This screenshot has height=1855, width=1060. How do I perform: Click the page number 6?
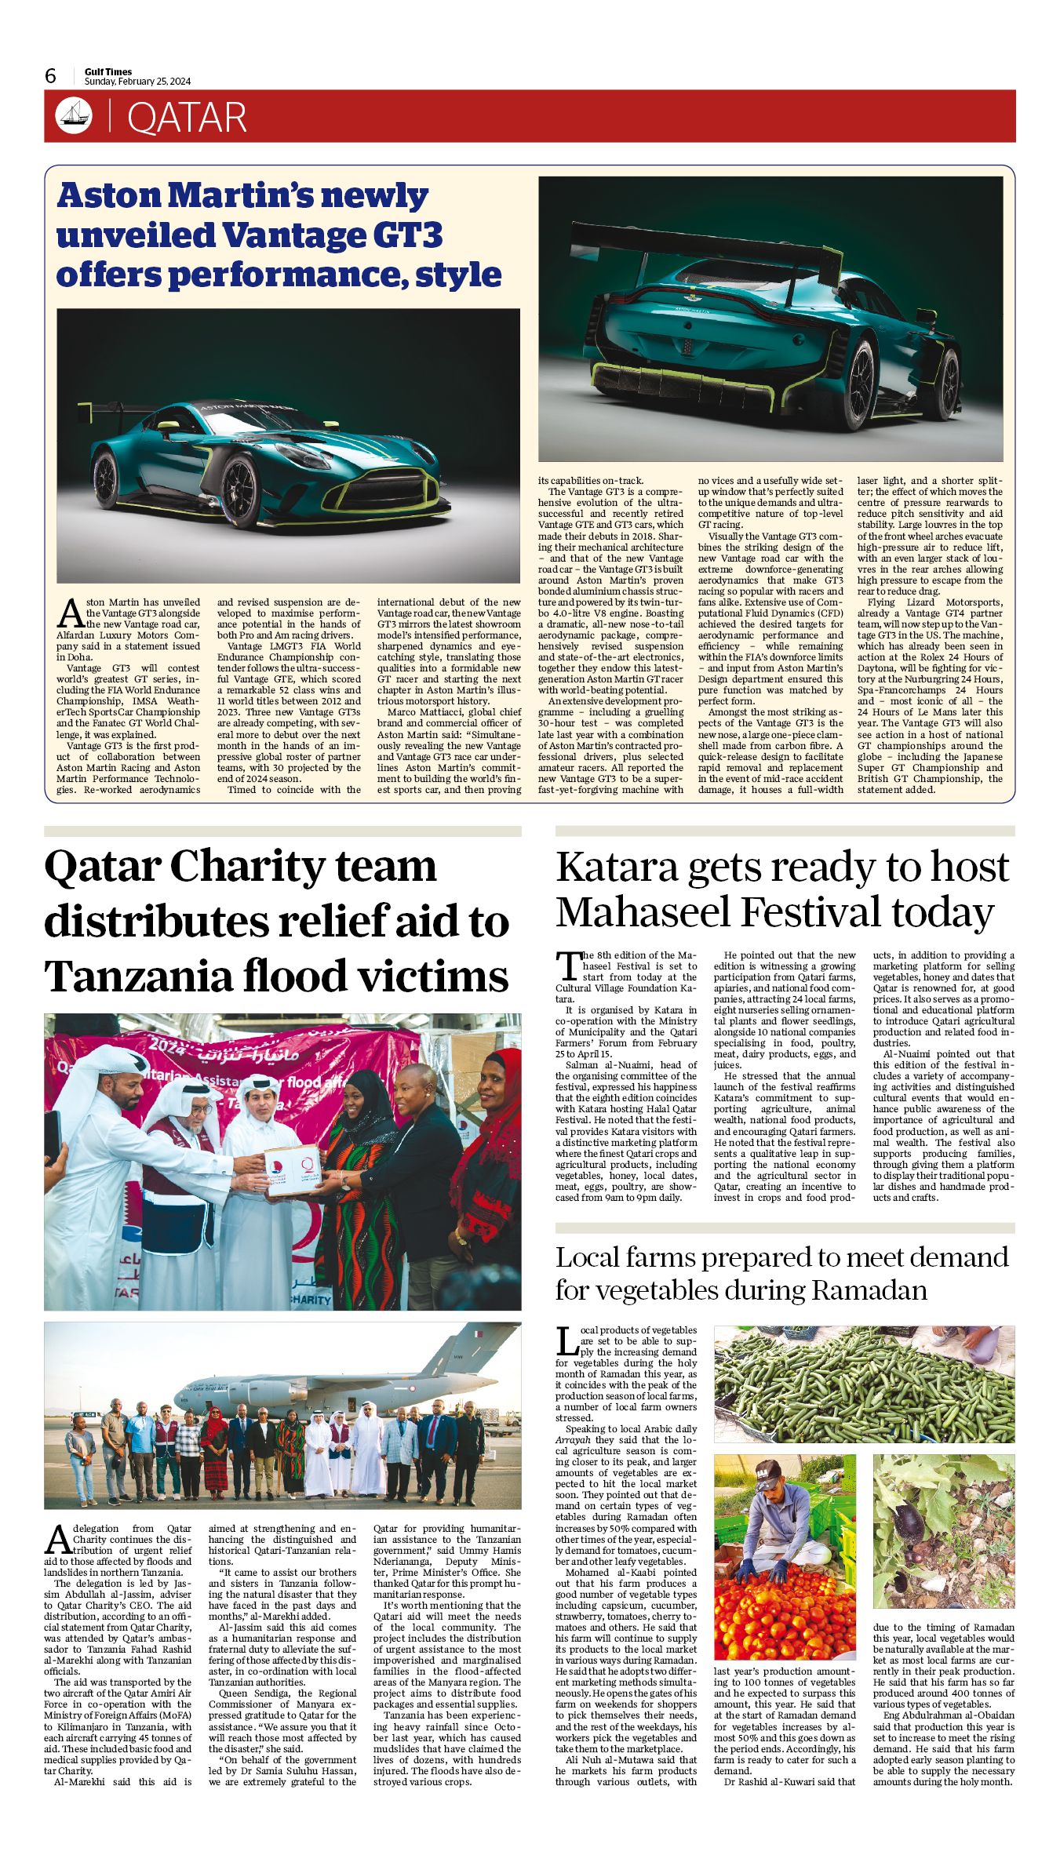[51, 75]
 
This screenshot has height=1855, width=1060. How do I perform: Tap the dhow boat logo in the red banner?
[73, 116]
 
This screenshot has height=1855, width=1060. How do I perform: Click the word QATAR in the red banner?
[187, 118]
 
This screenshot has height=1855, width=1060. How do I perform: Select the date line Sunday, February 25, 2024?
[138, 82]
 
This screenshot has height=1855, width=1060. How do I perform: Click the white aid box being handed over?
[293, 1170]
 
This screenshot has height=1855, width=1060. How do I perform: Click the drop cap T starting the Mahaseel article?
[567, 966]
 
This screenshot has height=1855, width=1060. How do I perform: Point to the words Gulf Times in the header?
[108, 71]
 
